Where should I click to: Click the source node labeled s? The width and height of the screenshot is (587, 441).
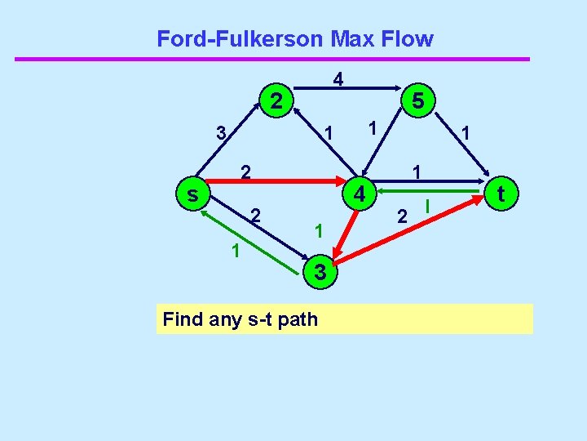(x=192, y=194)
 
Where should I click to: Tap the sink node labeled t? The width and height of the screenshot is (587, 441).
(x=501, y=193)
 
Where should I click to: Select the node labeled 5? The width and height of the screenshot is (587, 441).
(x=417, y=101)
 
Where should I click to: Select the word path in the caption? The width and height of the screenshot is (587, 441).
(x=298, y=318)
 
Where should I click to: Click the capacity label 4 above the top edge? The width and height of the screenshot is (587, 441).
(x=338, y=79)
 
